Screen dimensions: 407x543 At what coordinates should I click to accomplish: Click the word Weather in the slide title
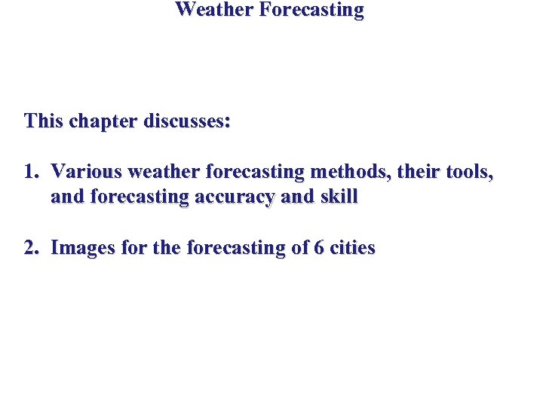[210, 10]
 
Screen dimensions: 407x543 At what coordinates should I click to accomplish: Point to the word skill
[340, 197]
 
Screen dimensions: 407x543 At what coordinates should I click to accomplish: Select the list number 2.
[30, 248]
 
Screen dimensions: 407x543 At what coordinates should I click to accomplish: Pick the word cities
[352, 248]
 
